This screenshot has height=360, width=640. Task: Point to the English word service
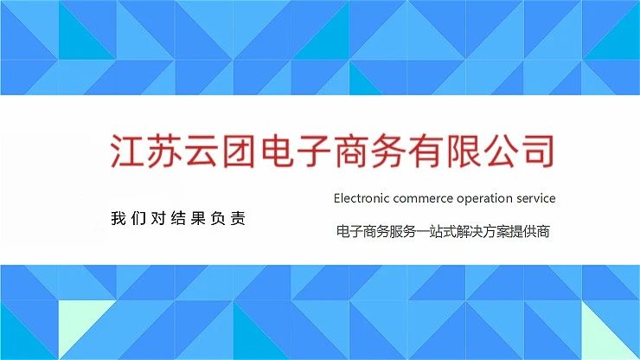[535, 198]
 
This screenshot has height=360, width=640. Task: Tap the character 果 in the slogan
[198, 218]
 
